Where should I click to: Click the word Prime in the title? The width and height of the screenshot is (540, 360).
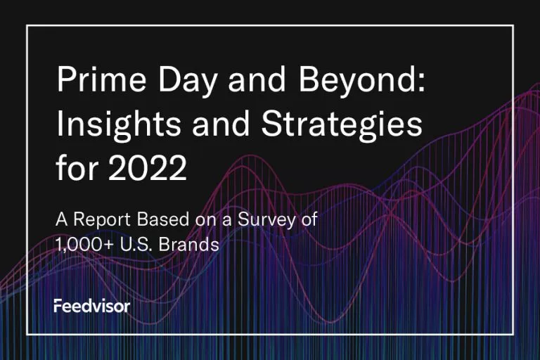[x=101, y=79]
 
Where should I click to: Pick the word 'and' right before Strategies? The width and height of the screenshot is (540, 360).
[x=220, y=123]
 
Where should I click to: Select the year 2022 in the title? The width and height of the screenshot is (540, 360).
[x=148, y=168]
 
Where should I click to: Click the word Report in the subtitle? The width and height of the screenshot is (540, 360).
[x=102, y=220]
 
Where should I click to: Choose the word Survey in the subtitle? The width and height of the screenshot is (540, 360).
[x=266, y=220]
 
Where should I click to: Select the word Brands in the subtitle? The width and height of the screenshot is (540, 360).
[x=188, y=244]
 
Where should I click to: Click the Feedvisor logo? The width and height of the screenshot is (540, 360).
[x=92, y=306]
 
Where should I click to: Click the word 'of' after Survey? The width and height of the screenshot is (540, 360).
[x=309, y=219]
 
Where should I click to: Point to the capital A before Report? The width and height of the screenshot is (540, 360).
[x=62, y=219]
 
